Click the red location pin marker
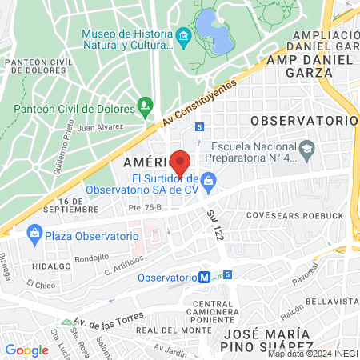(181, 162)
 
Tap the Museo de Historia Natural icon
(184, 35)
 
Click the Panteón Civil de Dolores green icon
(145, 104)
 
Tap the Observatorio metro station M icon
(205, 278)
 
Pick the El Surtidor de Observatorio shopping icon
(208, 181)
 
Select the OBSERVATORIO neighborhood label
(302, 119)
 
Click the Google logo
(26, 350)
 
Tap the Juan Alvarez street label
(102, 126)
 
